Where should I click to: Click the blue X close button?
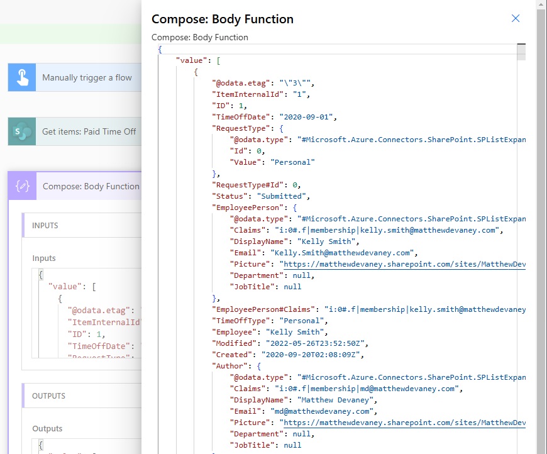click(516, 18)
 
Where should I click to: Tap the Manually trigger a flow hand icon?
click(22, 77)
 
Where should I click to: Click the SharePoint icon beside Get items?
click(22, 131)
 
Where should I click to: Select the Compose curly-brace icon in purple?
click(23, 186)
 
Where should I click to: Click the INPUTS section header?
click(45, 226)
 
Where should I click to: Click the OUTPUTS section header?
click(48, 396)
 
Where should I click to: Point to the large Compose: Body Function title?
click(222, 19)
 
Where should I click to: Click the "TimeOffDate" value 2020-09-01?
click(306, 117)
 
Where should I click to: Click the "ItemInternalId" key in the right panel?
click(248, 94)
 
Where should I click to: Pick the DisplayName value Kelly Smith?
click(326, 241)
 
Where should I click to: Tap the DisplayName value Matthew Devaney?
click(335, 400)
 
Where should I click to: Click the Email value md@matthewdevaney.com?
click(322, 411)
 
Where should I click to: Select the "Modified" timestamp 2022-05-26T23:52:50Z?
click(315, 343)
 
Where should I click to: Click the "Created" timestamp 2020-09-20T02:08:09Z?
click(311, 355)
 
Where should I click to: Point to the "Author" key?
click(230, 366)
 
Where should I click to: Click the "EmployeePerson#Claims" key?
click(263, 309)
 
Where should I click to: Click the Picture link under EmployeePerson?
click(404, 264)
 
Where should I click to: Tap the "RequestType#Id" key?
click(248, 185)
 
